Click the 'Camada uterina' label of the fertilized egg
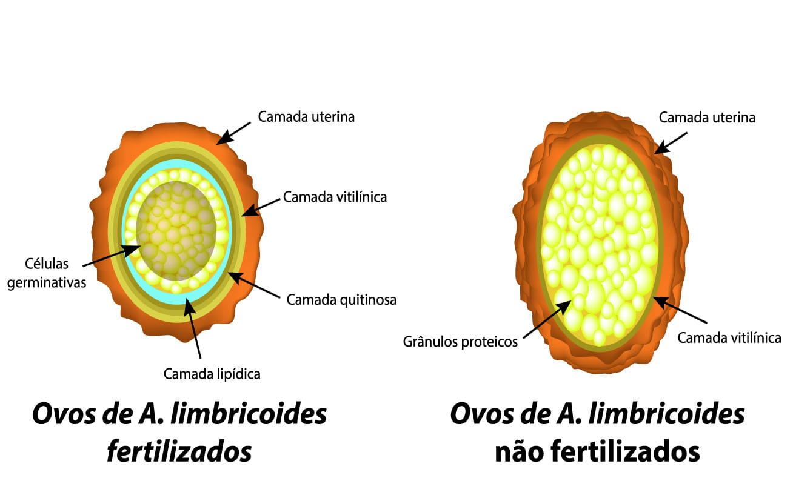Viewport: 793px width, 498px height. [x=306, y=117]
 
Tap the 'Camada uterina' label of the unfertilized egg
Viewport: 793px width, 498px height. [x=707, y=118]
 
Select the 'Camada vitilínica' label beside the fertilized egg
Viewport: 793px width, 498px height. [x=335, y=197]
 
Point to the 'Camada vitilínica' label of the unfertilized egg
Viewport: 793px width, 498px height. [x=729, y=338]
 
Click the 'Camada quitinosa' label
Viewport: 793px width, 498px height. [x=341, y=300]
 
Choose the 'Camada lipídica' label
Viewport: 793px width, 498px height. [x=212, y=374]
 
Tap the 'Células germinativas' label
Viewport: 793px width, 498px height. [x=47, y=273]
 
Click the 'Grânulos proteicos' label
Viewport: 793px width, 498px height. [x=460, y=342]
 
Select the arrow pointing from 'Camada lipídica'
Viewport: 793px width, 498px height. [x=192, y=328]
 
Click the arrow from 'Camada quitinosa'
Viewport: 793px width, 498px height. [x=254, y=285]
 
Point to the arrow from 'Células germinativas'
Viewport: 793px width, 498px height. [x=112, y=256]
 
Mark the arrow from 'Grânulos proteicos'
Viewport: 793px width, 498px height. [x=547, y=319]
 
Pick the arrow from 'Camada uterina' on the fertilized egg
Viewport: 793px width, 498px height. [x=233, y=133]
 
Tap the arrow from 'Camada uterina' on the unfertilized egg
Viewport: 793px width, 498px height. [x=671, y=143]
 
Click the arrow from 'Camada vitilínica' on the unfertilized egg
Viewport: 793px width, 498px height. [x=680, y=310]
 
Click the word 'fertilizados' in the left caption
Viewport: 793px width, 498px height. [x=179, y=451]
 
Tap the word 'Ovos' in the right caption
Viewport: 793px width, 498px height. [x=481, y=414]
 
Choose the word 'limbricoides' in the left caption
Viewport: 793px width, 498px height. [x=249, y=413]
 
